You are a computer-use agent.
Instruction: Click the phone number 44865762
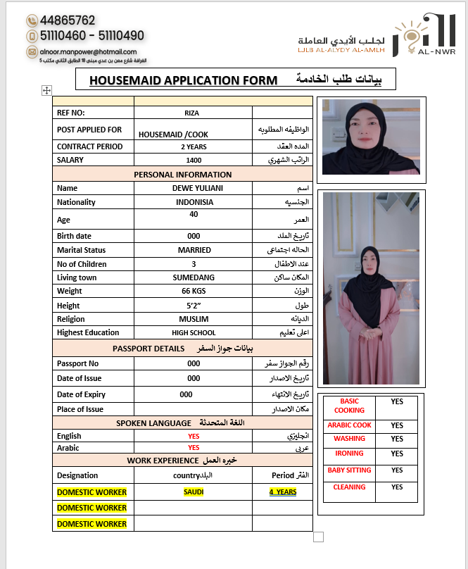coord(68,20)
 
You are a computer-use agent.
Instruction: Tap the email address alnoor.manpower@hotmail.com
coord(89,52)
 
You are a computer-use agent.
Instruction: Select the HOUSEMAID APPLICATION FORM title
coord(183,80)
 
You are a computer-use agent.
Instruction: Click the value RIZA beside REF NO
coord(193,112)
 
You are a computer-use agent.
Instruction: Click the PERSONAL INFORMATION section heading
coord(182,175)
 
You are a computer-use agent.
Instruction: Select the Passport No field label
coord(78,363)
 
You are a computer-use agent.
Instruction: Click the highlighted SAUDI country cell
coord(194,492)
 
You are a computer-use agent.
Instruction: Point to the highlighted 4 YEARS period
coord(282,492)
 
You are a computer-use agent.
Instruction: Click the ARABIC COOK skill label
coord(349,425)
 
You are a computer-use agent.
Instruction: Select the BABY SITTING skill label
coord(349,470)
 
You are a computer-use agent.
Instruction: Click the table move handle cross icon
coord(47,90)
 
